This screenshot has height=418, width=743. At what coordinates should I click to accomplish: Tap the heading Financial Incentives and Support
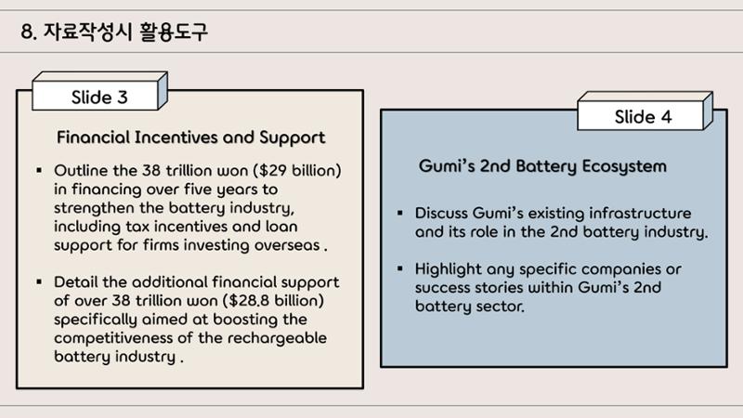(191, 137)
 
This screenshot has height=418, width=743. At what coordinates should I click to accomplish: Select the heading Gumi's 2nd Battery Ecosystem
(542, 166)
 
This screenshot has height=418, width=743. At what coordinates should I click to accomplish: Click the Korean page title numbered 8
(114, 32)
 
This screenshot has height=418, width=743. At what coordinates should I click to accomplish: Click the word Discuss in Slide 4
(442, 213)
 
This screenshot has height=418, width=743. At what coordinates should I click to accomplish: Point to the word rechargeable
(277, 338)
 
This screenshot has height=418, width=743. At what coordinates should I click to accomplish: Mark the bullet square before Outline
(39, 170)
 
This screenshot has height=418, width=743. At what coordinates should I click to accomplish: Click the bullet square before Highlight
(400, 268)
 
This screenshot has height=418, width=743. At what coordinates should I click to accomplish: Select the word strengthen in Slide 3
(94, 208)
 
